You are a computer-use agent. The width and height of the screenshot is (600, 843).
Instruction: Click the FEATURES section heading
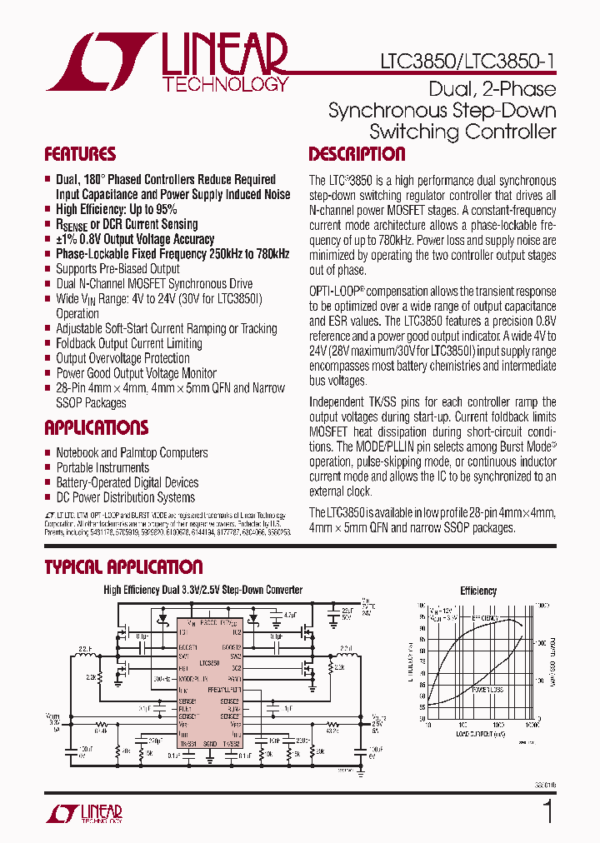pos(80,154)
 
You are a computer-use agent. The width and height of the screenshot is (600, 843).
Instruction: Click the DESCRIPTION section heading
pos(357,154)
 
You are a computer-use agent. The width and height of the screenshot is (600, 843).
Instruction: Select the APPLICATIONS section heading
pos(96,428)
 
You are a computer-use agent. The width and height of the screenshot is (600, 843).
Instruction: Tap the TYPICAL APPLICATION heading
pos(123,567)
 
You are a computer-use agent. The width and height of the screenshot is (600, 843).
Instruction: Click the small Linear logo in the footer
pos(83,814)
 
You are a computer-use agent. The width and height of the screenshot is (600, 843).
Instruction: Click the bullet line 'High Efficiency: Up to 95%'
pos(116,209)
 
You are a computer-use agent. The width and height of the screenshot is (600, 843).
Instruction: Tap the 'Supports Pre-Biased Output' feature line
pos(117,269)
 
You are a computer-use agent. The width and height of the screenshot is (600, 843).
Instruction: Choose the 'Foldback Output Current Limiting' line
pos(128,343)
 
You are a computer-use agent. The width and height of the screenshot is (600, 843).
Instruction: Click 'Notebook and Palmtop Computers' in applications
pos(132,453)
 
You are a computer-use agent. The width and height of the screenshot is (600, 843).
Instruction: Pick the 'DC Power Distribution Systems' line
pos(125,497)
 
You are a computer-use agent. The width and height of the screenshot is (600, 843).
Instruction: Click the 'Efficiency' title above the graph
pos(478,591)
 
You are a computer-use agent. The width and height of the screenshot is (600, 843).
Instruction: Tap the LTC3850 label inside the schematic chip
pos(210,663)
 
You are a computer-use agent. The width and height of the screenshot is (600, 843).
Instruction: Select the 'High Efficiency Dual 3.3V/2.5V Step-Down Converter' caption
pos(202,590)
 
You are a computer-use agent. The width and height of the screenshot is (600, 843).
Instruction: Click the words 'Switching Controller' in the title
pos(462,132)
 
